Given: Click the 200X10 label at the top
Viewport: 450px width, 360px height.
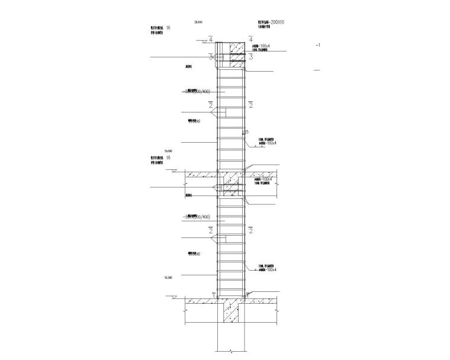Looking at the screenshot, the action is [277, 21].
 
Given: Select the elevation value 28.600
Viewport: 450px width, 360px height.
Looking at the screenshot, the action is [198, 22].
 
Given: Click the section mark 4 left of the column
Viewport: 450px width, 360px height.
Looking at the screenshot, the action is [211, 39].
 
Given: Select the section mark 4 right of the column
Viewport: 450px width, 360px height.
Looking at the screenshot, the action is [251, 39].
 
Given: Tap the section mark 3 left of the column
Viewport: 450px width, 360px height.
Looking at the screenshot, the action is [210, 57].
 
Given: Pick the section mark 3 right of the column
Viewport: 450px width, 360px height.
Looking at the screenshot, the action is [251, 57].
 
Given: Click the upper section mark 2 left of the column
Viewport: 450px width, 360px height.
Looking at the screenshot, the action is [211, 105].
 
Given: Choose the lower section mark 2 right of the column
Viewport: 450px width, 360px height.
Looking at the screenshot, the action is [251, 229].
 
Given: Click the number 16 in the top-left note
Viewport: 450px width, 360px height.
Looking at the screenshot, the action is [169, 28].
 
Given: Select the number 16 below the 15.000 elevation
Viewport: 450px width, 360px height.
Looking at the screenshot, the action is [169, 158].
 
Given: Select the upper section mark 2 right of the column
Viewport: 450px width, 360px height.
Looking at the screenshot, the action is [251, 105].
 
